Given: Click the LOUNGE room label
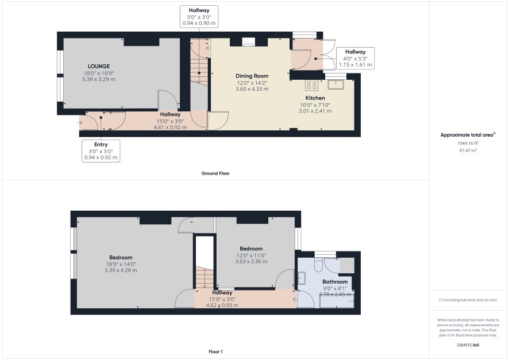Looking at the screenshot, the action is click(99, 66).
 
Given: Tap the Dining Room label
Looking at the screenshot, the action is click(252, 76).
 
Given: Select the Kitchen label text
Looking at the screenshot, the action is click(315, 98).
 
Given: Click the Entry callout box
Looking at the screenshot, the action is click(101, 151).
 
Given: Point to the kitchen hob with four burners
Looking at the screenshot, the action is click(311, 86).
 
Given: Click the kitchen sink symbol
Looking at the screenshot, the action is click(336, 84).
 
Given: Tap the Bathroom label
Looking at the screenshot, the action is click(335, 282).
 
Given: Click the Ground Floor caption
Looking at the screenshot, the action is click(215, 173).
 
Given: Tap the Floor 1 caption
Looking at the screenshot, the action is click(215, 351).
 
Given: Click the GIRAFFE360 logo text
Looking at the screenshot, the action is click(468, 345).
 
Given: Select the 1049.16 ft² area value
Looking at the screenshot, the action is click(468, 143).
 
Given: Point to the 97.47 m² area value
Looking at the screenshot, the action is click(468, 150).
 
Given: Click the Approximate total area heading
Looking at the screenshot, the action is click(468, 135).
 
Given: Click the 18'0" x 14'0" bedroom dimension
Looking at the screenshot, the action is click(121, 264).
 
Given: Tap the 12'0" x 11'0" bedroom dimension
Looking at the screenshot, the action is click(251, 256).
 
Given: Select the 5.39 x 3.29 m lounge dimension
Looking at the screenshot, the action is click(99, 79).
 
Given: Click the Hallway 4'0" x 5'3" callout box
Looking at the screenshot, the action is click(355, 58).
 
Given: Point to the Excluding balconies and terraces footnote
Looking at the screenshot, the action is click(468, 300).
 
